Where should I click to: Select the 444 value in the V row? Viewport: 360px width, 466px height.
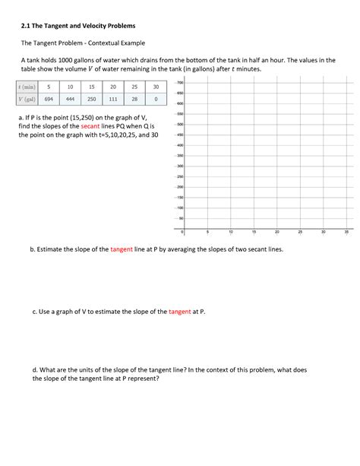[x=70, y=99]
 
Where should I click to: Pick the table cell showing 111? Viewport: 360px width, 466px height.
[x=113, y=99]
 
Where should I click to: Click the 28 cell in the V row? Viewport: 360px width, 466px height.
[x=134, y=99]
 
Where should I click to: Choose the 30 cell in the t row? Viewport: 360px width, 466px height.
[x=156, y=87]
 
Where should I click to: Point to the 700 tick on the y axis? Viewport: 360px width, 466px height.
[x=179, y=82]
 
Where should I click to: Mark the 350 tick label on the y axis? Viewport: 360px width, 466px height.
[x=179, y=155]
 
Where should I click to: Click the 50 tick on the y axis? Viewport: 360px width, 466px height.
[x=180, y=217]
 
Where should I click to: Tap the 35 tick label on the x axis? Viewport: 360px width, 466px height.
[x=346, y=232]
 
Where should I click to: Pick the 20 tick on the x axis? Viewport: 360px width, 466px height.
[x=276, y=232]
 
